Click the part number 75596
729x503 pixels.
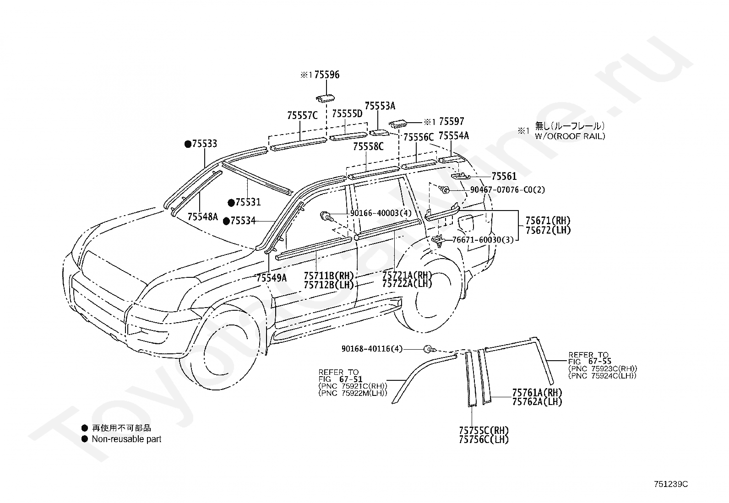[327, 75]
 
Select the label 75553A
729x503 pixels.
[380, 106]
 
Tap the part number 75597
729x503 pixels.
[452, 121]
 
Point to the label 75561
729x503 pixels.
[504, 176]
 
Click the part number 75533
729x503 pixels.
[204, 143]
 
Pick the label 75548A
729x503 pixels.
[203, 216]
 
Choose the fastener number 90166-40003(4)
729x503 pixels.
[381, 213]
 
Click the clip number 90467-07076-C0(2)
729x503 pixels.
[507, 189]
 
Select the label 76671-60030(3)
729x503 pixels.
[483, 240]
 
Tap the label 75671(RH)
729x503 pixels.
[548, 221]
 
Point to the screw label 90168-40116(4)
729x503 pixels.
[372, 349]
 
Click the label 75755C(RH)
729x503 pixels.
[484, 430]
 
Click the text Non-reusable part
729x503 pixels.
[126, 439]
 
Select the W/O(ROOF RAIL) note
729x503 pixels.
[570, 136]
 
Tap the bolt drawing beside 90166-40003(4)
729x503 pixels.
[326, 216]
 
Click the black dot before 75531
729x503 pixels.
[231, 203]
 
